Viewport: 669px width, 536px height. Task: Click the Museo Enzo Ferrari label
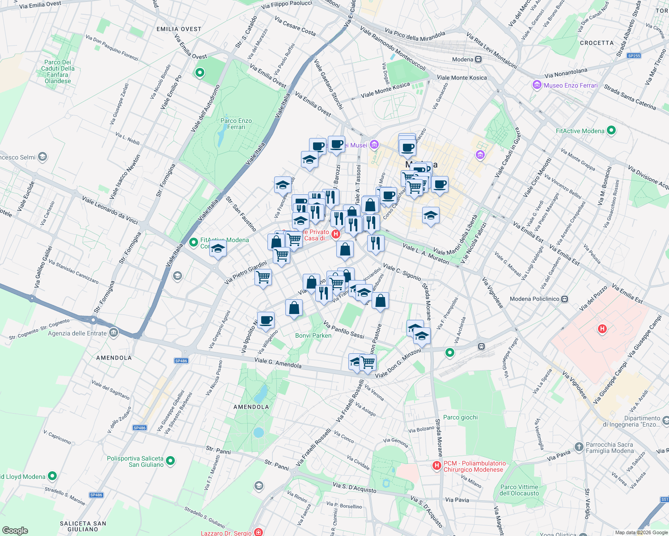[570, 85]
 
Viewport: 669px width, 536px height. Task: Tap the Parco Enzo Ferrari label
[236, 124]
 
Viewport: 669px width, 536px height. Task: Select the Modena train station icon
[478, 59]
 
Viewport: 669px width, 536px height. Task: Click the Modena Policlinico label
[534, 299]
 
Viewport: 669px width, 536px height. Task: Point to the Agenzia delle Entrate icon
[114, 333]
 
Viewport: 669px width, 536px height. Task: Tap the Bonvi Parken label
[313, 335]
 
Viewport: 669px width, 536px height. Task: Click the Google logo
[15, 530]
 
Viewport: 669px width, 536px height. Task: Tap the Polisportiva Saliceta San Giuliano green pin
[170, 461]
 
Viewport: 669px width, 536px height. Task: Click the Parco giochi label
[460, 417]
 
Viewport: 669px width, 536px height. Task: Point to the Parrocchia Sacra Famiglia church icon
[579, 447]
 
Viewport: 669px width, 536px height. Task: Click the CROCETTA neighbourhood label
[597, 43]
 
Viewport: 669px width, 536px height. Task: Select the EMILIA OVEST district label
[179, 29]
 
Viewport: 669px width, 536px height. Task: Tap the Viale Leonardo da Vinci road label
[110, 209]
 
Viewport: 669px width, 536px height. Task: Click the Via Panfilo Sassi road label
[343, 330]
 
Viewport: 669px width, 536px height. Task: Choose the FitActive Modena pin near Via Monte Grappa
[611, 130]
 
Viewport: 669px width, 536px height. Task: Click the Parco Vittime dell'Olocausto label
[519, 490]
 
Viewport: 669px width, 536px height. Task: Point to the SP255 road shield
[634, 56]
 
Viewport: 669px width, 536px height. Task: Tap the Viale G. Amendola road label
[278, 363]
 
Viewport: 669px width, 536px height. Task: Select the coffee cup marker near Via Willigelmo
[266, 320]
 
